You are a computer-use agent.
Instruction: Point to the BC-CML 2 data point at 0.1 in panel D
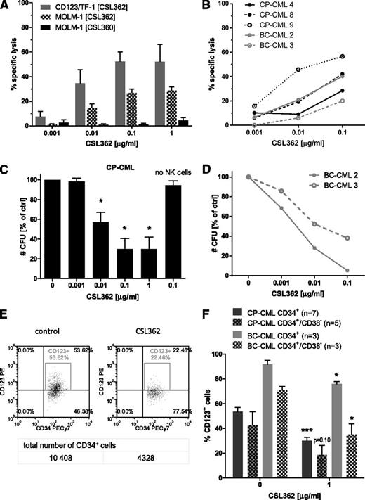[x=342, y=270]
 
